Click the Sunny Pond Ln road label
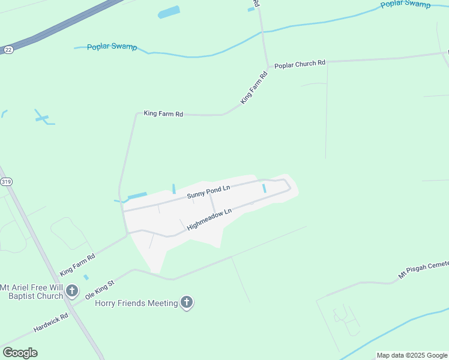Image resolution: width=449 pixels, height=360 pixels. (208, 192)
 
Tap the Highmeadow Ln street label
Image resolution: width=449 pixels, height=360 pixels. (209, 220)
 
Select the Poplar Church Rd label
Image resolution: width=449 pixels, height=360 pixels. (300, 63)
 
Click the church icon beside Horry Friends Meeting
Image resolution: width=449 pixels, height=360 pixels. (187, 302)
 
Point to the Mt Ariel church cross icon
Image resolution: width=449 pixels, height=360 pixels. (71, 291)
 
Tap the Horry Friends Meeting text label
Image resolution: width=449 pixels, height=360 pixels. (136, 303)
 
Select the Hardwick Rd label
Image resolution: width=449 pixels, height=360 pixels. (50, 322)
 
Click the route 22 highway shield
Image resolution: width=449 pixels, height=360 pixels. (8, 50)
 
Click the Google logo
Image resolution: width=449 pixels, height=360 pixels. (20, 352)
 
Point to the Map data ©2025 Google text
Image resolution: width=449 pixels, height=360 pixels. (412, 355)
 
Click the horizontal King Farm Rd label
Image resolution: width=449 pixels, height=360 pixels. (163, 113)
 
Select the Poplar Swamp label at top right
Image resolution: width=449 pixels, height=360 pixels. (405, 5)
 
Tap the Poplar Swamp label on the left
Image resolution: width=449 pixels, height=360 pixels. (112, 47)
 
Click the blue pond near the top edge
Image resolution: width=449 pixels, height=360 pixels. (169, 12)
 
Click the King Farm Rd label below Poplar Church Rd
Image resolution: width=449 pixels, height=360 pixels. (254, 89)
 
